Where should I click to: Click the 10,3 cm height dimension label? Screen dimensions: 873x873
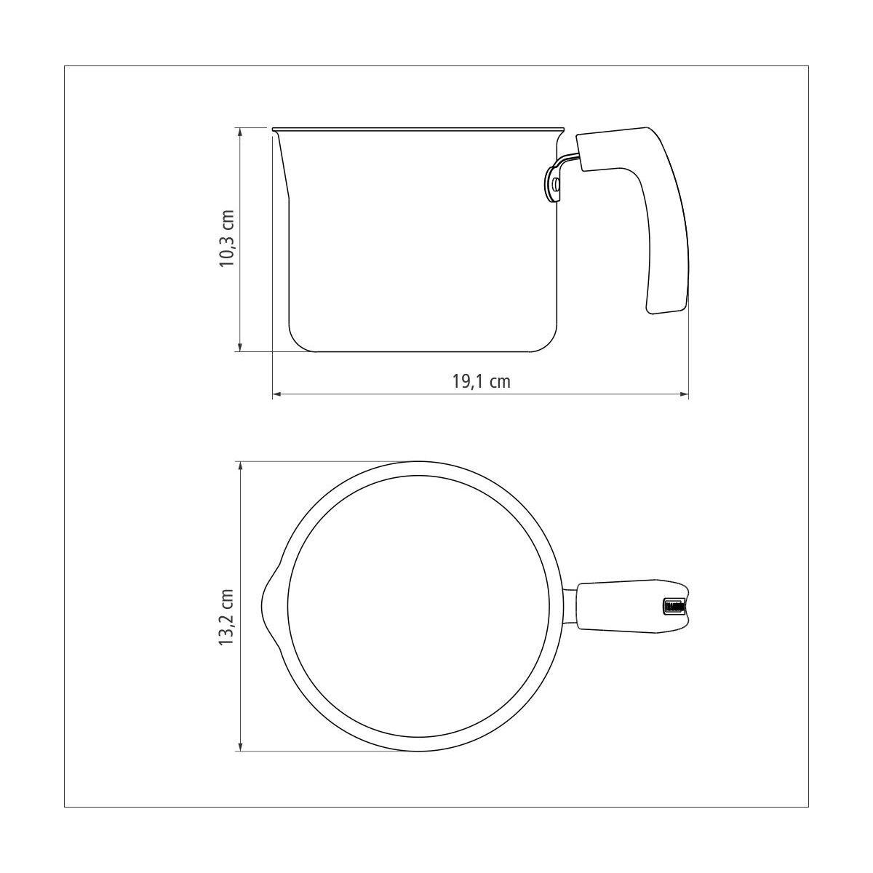227,239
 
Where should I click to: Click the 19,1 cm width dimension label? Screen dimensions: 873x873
481,381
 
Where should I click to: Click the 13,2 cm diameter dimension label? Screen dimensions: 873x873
226,618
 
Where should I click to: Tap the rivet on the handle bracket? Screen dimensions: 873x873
556,183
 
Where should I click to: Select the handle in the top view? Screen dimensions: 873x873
632,607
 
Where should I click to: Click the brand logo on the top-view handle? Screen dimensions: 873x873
673,607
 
